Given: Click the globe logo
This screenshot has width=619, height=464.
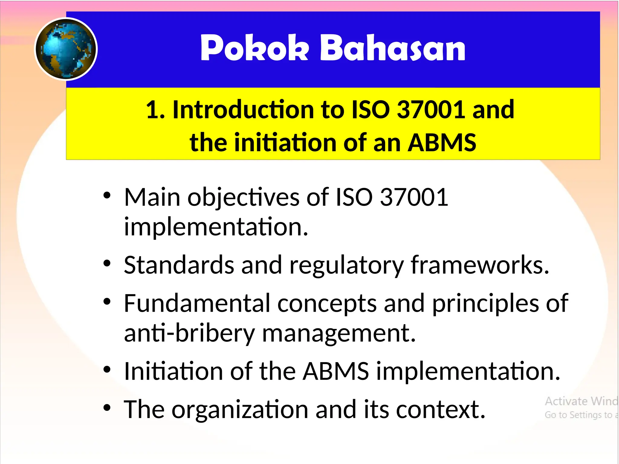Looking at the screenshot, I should click(x=66, y=49).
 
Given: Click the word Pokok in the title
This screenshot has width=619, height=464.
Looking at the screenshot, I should click(x=254, y=48).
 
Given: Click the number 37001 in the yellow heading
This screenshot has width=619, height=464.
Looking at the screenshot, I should click(x=430, y=110).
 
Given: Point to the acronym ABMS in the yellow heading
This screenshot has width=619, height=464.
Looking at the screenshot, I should click(x=442, y=143).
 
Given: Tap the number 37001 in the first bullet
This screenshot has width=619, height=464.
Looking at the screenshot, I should click(x=414, y=197).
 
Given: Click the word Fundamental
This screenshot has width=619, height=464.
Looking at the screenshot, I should click(x=197, y=303).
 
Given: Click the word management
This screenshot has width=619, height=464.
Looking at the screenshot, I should click(x=339, y=334).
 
